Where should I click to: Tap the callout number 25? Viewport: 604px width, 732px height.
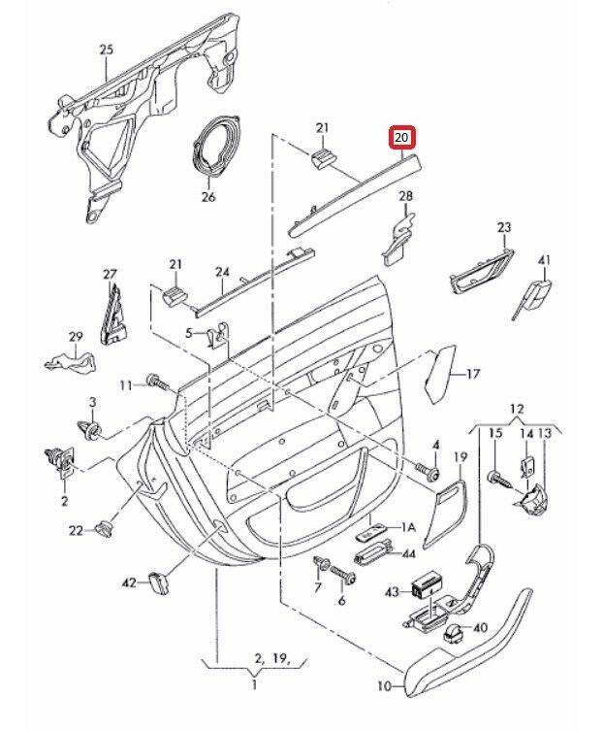point(106,50)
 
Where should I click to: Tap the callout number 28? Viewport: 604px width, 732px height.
point(406,197)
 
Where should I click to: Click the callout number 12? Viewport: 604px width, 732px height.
point(517,408)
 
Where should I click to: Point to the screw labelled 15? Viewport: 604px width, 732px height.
point(495,476)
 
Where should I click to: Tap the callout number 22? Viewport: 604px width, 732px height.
point(75,529)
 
